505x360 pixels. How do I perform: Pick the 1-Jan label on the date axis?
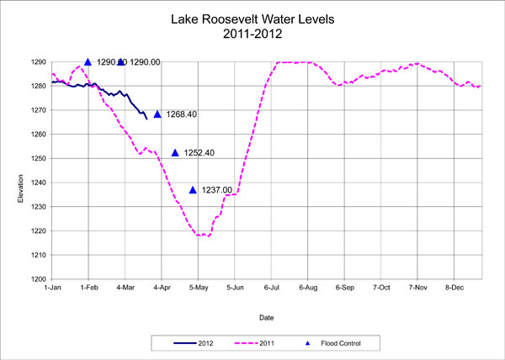pyautogui.click(x=52, y=287)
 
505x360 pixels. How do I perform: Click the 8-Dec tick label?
pyautogui.click(x=455, y=287)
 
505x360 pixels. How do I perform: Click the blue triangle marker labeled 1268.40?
pyautogui.click(x=157, y=114)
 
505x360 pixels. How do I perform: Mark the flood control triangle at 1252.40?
pyautogui.click(x=175, y=152)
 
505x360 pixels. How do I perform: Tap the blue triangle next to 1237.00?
pyautogui.click(x=193, y=190)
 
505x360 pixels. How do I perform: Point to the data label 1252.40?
pyautogui.click(x=199, y=152)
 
